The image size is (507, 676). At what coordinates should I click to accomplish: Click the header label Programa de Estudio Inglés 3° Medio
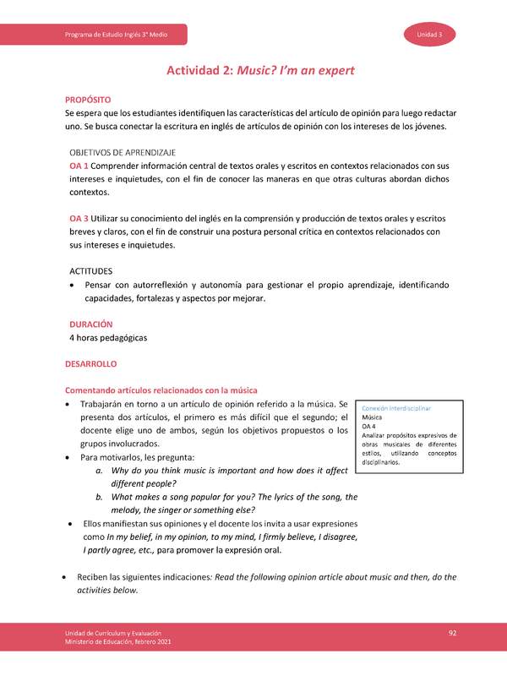tap(116, 34)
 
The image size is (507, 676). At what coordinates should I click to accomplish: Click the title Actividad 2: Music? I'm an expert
tap(253, 72)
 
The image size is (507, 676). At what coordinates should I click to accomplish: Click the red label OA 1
tap(79, 166)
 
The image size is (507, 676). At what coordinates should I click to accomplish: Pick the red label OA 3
tap(79, 218)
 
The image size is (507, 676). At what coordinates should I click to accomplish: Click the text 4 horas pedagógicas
tap(108, 338)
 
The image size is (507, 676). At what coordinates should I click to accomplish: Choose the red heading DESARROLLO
tap(90, 364)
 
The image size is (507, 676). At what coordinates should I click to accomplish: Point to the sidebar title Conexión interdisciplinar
tap(396, 408)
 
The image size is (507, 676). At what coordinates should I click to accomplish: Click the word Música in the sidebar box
tap(371, 417)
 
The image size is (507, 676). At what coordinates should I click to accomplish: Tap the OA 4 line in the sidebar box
tap(368, 427)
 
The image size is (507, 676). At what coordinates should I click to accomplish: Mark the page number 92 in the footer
tap(453, 633)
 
